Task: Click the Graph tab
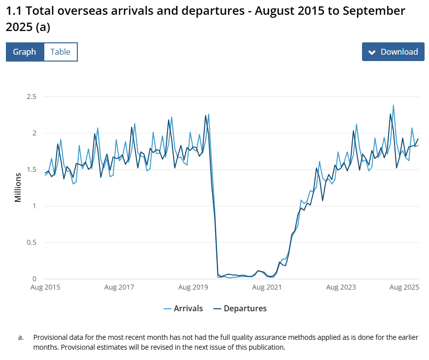tap(25, 52)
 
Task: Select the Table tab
tap(60, 52)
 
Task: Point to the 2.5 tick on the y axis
tap(31, 97)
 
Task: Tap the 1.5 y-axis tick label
tap(31, 169)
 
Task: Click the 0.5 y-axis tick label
tap(31, 242)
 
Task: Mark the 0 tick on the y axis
tap(34, 279)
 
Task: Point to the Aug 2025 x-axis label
tap(404, 287)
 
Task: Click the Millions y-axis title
tap(18, 188)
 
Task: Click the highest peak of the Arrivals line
tap(393, 105)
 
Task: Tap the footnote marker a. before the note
tap(21, 338)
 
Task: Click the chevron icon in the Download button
tap(372, 52)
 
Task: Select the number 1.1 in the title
tap(14, 11)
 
